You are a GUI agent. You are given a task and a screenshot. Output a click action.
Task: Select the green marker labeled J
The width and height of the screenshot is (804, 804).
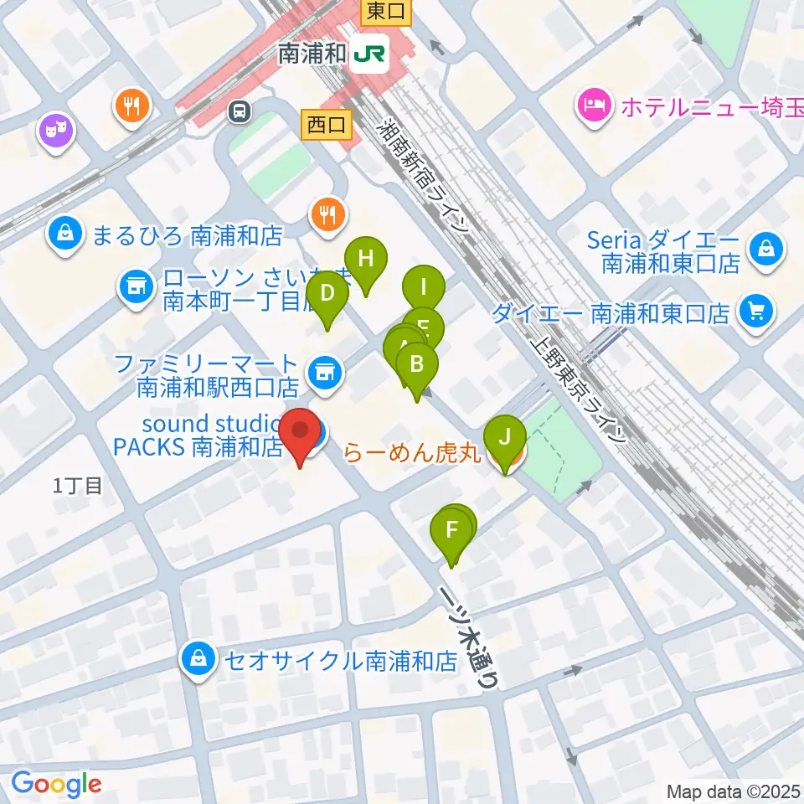pyautogui.click(x=504, y=438)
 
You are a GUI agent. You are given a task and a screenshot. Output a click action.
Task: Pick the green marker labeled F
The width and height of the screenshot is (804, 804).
pyautogui.click(x=451, y=531)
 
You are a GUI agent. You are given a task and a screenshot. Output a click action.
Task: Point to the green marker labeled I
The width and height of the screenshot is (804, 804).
pyautogui.click(x=424, y=289)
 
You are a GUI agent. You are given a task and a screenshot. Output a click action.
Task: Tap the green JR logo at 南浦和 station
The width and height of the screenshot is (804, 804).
pyautogui.click(x=369, y=54)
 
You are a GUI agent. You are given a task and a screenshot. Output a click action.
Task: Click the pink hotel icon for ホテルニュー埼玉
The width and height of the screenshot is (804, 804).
pyautogui.click(x=593, y=106)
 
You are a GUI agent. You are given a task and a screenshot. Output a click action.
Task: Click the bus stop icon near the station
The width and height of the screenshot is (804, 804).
pyautogui.click(x=240, y=109)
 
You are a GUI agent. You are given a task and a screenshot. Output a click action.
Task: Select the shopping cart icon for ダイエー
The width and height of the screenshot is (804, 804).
pyautogui.click(x=757, y=312)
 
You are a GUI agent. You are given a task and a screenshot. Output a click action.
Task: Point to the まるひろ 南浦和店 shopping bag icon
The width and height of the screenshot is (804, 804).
pyautogui.click(x=65, y=235)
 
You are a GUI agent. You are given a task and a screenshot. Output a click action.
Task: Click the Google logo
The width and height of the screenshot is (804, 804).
pyautogui.click(x=55, y=784)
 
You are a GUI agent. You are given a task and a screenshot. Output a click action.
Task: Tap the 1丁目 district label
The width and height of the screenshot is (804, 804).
pyautogui.click(x=78, y=485)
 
